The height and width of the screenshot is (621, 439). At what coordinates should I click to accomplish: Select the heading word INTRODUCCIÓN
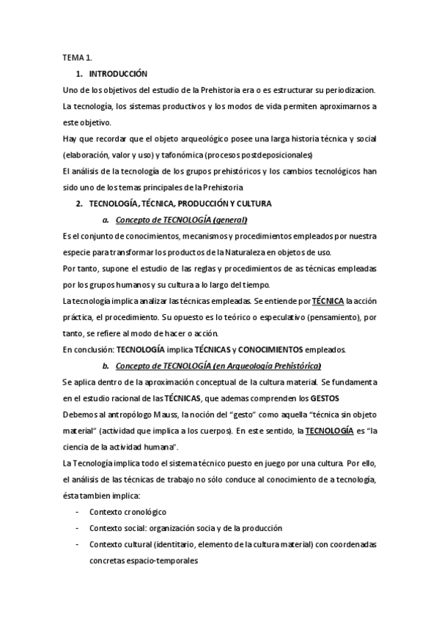tap(118, 74)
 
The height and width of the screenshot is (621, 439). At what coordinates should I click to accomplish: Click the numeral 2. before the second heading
tap(79, 203)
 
